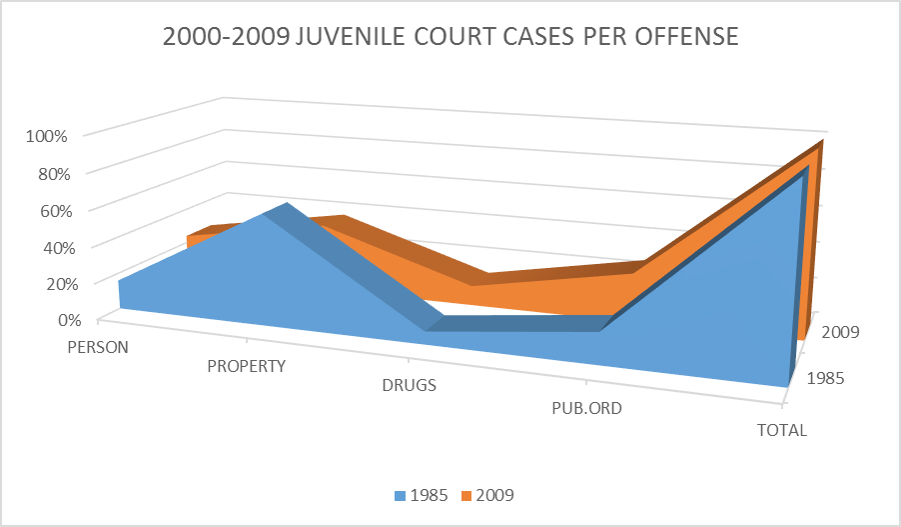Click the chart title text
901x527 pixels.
(450, 38)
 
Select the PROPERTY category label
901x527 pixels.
(246, 366)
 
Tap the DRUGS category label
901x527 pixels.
(410, 386)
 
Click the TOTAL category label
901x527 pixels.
(780, 430)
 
